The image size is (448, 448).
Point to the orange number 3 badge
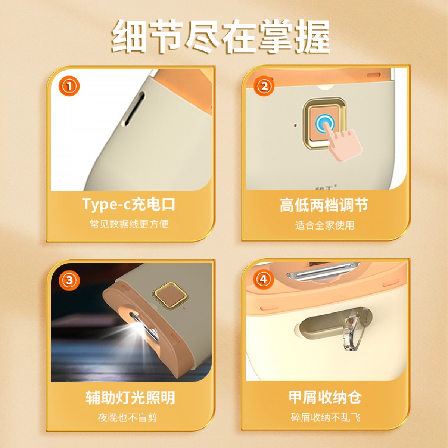point(69,280)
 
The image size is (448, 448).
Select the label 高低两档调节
point(324,205)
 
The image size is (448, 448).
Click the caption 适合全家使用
point(324,225)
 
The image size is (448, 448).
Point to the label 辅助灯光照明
point(130,398)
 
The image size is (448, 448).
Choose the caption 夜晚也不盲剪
point(127,418)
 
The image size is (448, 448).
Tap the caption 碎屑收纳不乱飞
point(326,417)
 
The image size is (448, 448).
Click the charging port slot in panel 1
point(135,109)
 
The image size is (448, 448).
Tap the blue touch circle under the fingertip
point(325,123)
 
